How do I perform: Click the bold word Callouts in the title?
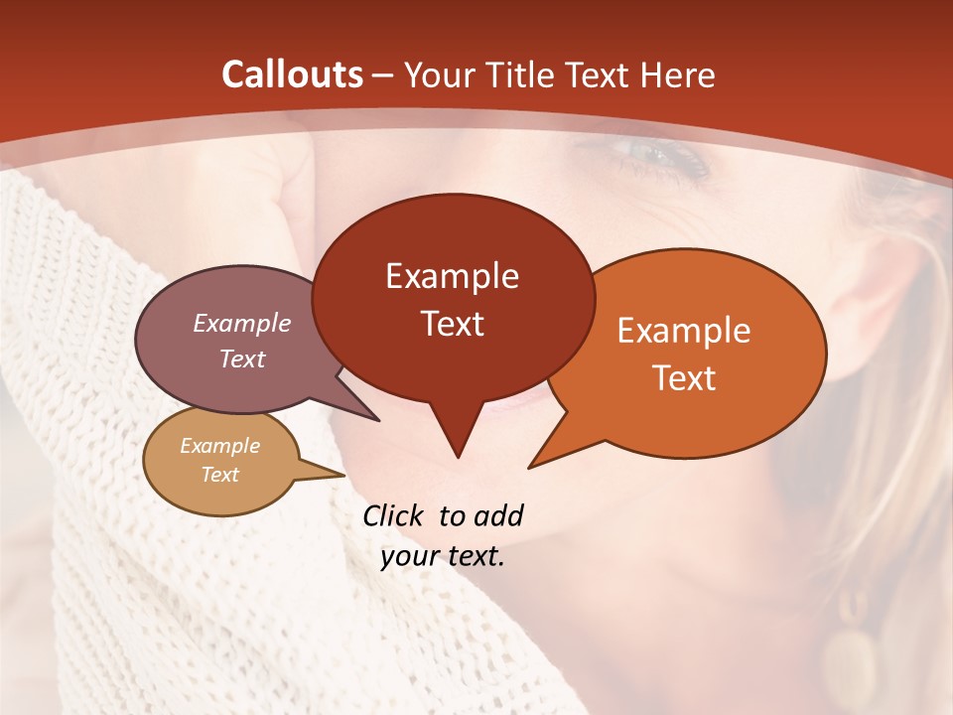tap(293, 74)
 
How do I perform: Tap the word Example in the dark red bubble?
tap(452, 276)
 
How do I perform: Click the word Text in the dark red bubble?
tap(452, 324)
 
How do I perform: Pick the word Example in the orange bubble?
tap(684, 331)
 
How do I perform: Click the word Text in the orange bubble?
tap(684, 378)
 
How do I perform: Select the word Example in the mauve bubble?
tap(241, 324)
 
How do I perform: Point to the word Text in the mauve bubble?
tap(241, 359)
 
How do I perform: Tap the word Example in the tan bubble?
tap(219, 446)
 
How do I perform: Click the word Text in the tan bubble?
tap(219, 475)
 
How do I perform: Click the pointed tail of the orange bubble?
tap(533, 464)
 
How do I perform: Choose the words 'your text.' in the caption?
tap(443, 557)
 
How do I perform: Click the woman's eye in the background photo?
tap(655, 154)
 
